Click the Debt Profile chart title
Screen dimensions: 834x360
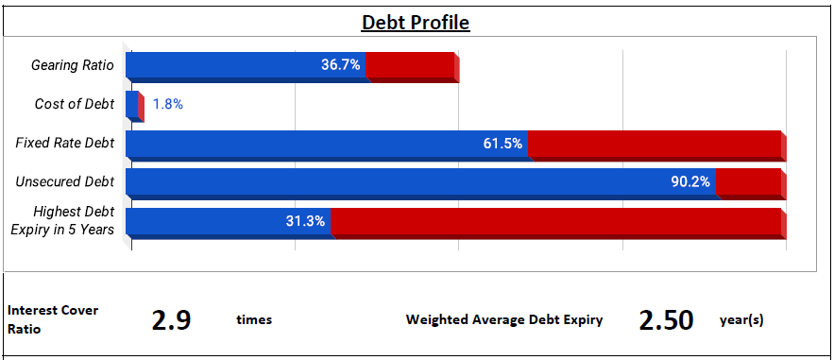coord(416,23)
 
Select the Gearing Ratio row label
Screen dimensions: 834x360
coord(73,65)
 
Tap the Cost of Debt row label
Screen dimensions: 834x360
coord(75,104)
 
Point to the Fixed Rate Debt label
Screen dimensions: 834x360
coord(65,143)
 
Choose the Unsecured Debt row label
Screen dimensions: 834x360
coord(65,181)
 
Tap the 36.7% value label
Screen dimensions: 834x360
coord(340,65)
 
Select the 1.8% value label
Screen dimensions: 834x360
coord(168,104)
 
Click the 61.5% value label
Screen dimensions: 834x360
coord(502,143)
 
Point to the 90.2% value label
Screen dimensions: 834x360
coord(690,181)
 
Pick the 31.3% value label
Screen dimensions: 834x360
coord(305,221)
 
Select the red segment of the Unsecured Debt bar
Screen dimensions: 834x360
coord(751,184)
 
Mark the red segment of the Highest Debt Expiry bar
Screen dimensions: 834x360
coord(558,223)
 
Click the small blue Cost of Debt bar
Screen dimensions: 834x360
coord(132,105)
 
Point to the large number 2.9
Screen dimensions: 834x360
coord(171,320)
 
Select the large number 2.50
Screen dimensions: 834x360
coord(666,320)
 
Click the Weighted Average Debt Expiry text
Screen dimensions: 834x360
coord(504,320)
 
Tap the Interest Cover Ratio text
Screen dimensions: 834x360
coord(53,319)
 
